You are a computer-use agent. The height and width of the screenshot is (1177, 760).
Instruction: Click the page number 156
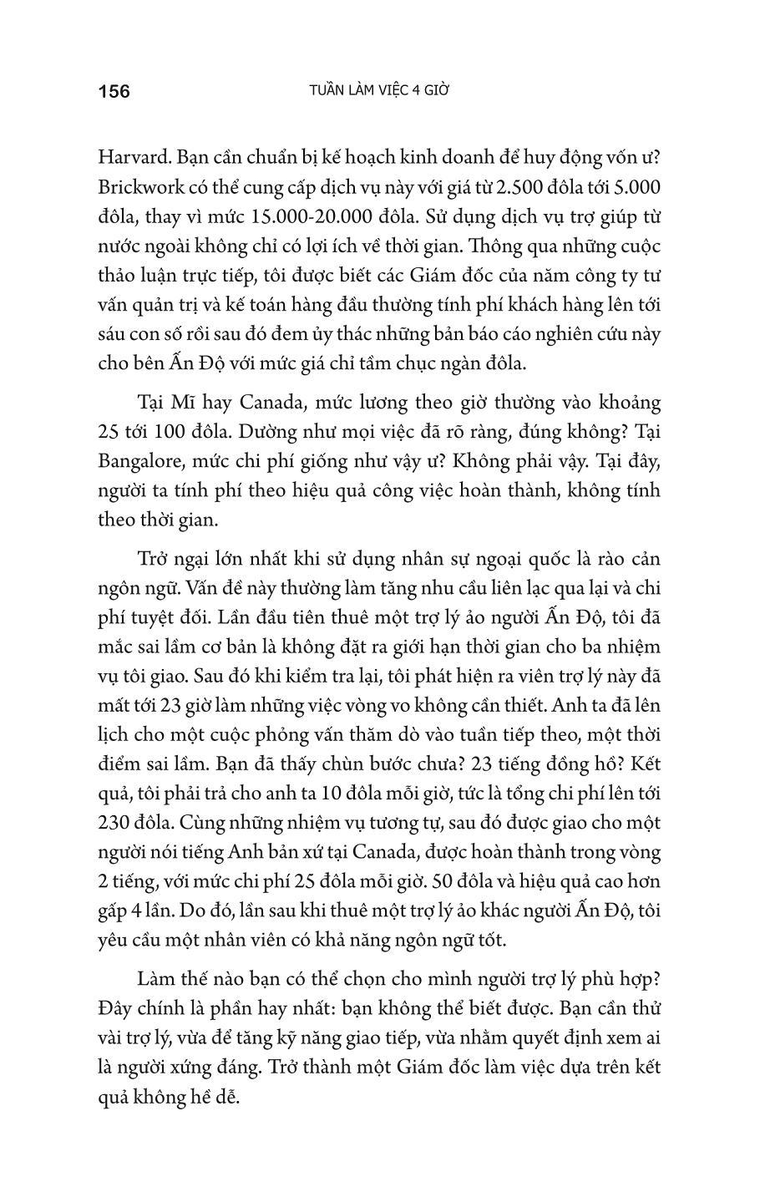tap(114, 91)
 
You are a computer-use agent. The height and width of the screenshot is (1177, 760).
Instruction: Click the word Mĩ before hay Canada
tap(189, 403)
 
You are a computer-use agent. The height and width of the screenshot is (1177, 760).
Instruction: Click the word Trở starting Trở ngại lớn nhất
tap(155, 559)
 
